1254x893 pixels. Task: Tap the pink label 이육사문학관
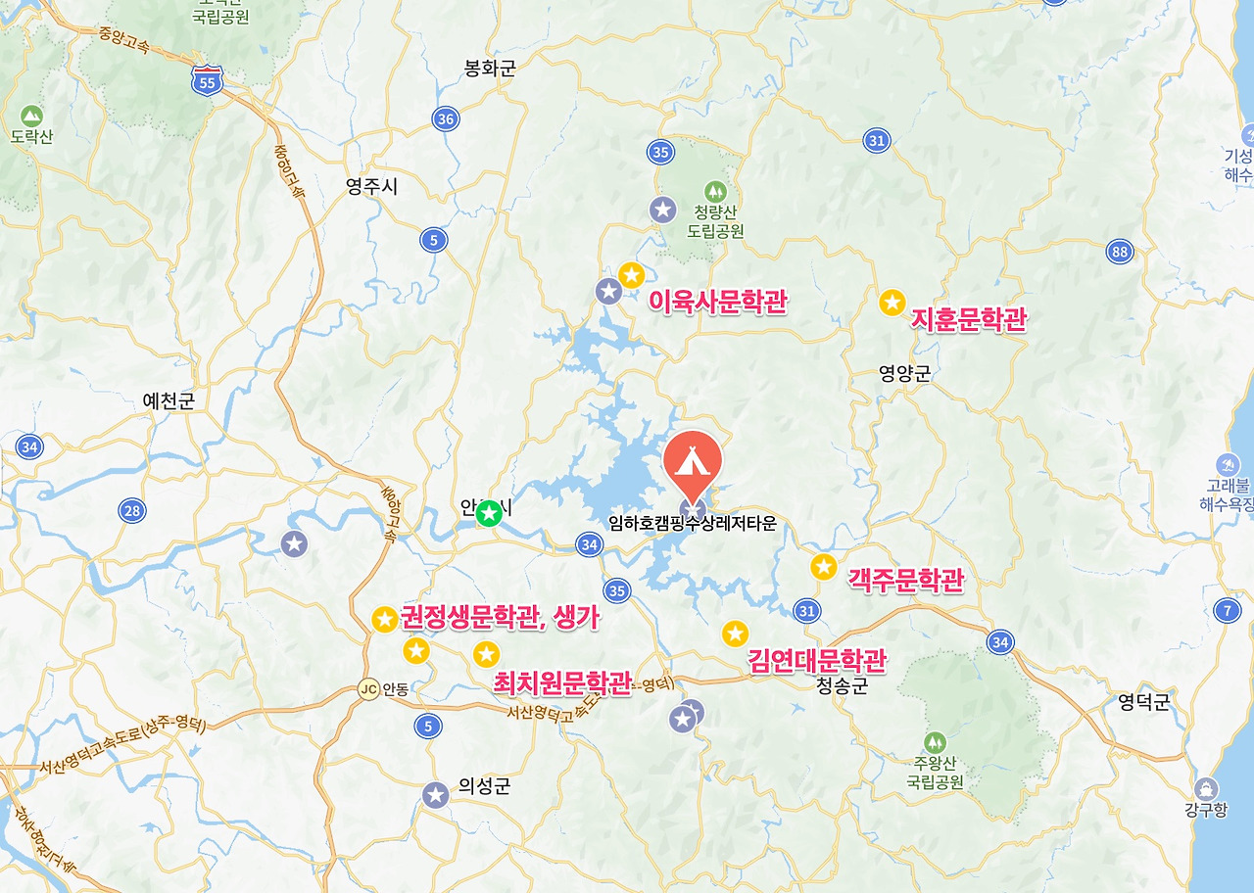click(718, 303)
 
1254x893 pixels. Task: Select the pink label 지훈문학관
click(969, 319)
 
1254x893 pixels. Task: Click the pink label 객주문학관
click(905, 580)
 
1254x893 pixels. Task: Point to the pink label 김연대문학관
click(817, 661)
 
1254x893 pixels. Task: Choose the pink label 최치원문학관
click(562, 682)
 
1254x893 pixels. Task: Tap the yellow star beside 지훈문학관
click(892, 303)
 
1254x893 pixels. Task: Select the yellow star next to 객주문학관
click(824, 566)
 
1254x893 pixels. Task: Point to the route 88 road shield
click(1121, 252)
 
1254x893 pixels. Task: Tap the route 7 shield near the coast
click(1227, 611)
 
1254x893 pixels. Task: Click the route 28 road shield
click(132, 510)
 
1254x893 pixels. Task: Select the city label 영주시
click(372, 187)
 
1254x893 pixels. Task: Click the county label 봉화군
click(489, 69)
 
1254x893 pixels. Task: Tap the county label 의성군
click(484, 786)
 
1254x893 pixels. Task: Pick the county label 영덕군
click(1144, 702)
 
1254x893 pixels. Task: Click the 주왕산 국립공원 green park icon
click(935, 742)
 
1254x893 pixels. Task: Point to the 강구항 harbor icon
click(1206, 787)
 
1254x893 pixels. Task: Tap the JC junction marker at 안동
click(368, 688)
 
